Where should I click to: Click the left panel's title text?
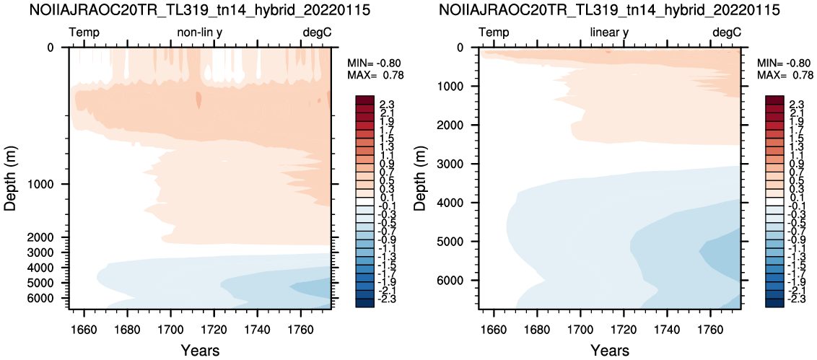(200, 10)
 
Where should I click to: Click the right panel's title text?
(610, 10)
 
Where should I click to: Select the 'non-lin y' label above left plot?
(200, 32)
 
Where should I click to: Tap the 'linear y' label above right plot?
(610, 32)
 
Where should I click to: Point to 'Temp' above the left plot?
(84, 32)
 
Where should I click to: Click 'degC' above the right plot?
(726, 32)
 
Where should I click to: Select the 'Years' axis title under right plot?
(610, 350)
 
